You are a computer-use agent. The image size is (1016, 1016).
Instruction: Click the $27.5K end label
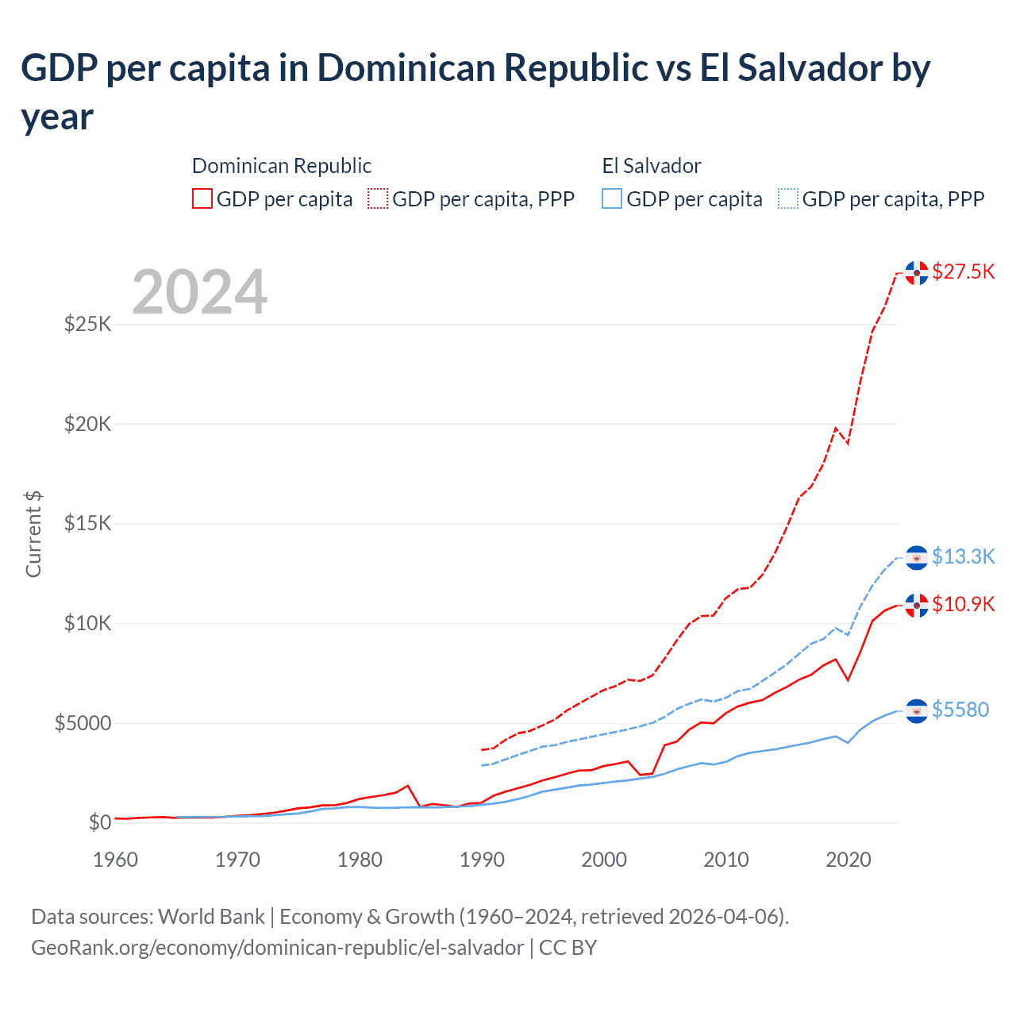[963, 272]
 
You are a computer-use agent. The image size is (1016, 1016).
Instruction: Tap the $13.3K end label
[963, 556]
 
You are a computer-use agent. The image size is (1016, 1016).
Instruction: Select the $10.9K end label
[963, 604]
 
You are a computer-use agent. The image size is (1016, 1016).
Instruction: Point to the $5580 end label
[960, 710]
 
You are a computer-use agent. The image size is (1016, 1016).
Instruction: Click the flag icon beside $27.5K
[917, 272]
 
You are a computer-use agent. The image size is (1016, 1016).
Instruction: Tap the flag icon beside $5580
[917, 710]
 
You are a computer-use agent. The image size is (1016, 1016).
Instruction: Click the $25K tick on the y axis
[87, 324]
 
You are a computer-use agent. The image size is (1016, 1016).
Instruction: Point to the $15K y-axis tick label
[87, 523]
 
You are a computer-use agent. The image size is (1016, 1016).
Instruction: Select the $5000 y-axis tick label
[83, 723]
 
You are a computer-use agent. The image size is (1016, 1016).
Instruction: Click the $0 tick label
[99, 822]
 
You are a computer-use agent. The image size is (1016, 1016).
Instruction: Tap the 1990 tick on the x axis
[482, 860]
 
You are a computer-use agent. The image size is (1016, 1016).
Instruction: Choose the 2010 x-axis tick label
[725, 860]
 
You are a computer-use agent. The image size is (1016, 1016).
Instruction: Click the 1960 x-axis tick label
[116, 860]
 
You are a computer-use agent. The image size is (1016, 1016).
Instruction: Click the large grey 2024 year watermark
[199, 292]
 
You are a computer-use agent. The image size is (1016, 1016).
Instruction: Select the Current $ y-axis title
[33, 533]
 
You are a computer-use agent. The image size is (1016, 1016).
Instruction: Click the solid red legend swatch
[202, 198]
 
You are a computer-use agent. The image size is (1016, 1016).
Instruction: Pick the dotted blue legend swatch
[788, 198]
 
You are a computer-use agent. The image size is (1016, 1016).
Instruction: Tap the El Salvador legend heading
[651, 166]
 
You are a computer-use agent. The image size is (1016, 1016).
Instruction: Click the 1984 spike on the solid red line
[408, 786]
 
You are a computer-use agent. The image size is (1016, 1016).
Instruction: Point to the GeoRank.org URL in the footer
[277, 948]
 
